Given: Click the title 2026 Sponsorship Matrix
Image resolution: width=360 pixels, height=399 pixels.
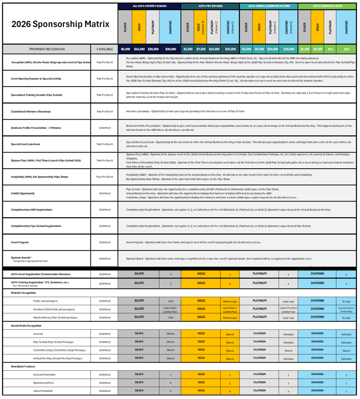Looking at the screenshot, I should pos(60,24).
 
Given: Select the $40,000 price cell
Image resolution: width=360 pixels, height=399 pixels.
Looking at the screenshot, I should pos(170,49).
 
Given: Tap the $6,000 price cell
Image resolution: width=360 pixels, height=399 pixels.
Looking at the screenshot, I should pos(125,49).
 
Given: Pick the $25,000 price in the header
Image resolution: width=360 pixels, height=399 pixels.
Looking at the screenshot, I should pos(230,49).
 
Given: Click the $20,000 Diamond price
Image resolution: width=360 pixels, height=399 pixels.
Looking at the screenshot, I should pos(288,49).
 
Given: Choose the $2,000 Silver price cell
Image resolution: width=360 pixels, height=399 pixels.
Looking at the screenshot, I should pos(304,49).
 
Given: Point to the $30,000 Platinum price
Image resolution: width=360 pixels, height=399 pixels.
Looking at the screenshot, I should pos(153,49).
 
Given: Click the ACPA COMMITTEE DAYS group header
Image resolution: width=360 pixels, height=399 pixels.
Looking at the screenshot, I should pos(328,6).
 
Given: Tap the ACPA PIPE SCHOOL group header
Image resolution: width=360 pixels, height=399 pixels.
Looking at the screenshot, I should pos(210,6).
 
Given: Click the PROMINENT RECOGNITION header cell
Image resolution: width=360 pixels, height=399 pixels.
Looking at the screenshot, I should pos(47,49).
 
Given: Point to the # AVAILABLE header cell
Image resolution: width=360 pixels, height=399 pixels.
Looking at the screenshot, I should pos(104,49).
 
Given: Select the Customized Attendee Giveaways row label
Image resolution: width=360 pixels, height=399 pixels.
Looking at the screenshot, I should pos(31,112).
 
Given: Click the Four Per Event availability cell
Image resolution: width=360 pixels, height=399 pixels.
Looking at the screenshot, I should pos(104,177).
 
